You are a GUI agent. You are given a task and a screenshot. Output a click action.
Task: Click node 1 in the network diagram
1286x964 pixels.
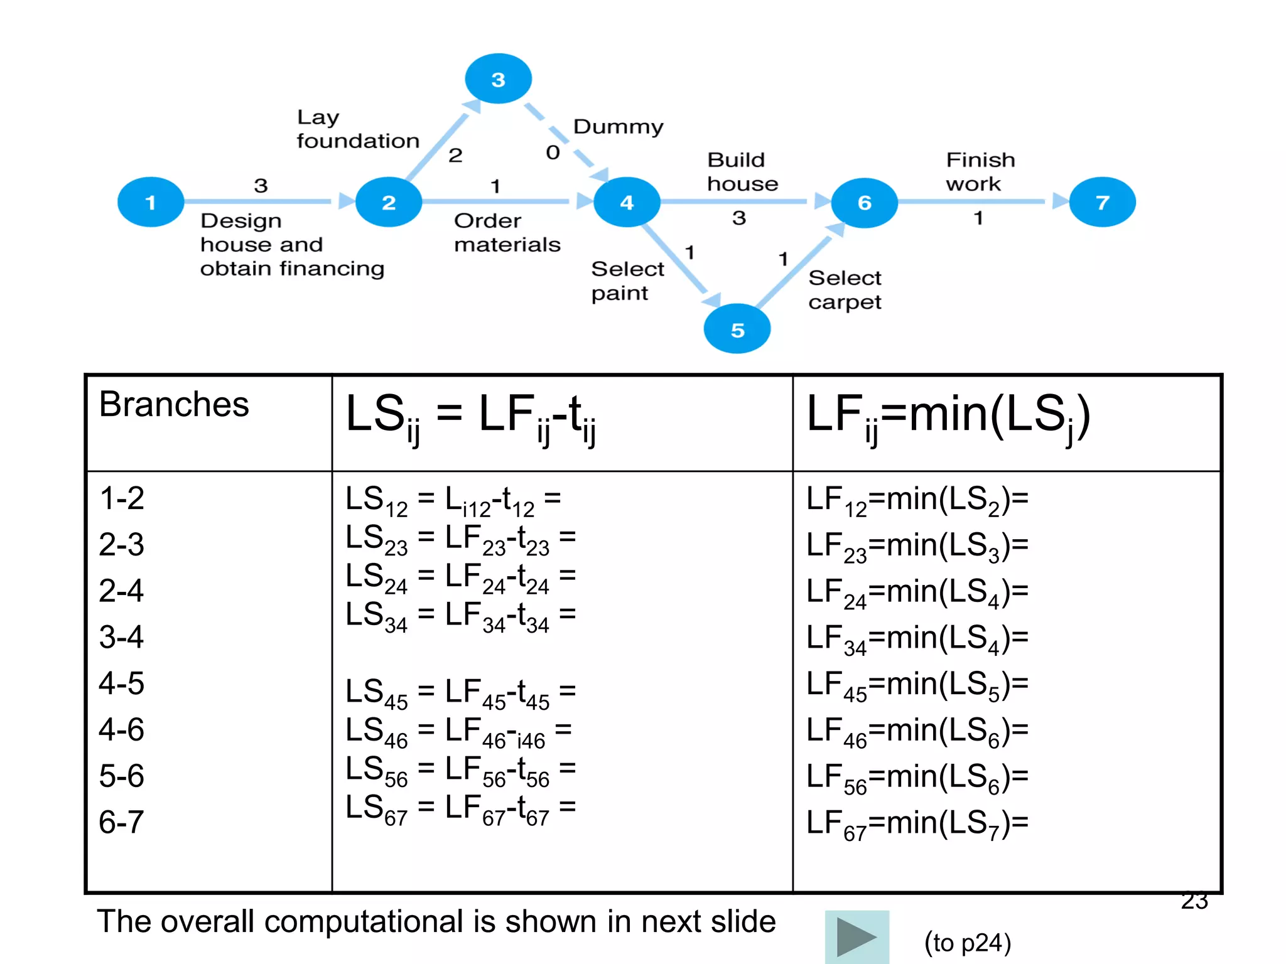click(x=151, y=202)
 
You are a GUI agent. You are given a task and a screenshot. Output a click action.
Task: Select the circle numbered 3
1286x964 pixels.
click(x=498, y=79)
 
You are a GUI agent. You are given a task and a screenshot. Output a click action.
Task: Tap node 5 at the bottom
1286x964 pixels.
click(x=737, y=329)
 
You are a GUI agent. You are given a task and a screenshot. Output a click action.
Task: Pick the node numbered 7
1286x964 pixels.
click(x=1102, y=202)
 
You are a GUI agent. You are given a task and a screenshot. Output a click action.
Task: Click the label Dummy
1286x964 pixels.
click(x=618, y=127)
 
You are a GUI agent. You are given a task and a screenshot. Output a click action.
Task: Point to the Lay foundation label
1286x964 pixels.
click(x=357, y=129)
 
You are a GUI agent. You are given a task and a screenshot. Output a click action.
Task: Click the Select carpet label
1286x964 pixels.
click(x=845, y=290)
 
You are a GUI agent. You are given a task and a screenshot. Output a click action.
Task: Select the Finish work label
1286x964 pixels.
click(x=980, y=171)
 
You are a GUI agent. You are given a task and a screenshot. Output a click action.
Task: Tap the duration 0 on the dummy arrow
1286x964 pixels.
click(x=553, y=153)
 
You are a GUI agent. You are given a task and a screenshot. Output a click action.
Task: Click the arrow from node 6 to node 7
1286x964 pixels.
click(x=980, y=201)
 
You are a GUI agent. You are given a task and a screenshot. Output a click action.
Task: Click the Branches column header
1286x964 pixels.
click(x=174, y=404)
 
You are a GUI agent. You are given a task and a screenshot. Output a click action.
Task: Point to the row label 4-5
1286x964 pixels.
click(x=121, y=683)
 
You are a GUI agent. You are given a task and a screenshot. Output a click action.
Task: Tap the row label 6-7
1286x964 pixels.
click(x=121, y=822)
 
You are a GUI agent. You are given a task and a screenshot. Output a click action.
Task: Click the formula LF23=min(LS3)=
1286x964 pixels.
click(x=917, y=545)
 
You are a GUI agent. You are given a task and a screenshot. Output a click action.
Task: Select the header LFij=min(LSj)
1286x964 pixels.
click(x=948, y=415)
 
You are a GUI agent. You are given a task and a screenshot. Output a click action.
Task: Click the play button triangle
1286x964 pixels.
click(x=856, y=936)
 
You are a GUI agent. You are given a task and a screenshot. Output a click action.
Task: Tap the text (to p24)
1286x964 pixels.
click(x=967, y=943)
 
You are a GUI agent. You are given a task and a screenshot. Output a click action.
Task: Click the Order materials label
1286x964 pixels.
click(x=507, y=233)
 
